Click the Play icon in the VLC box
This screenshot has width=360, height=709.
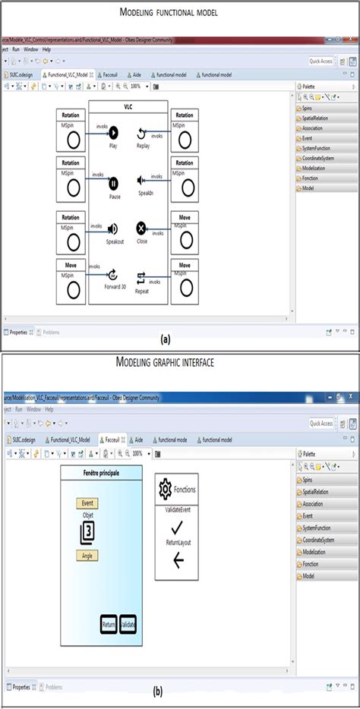(x=114, y=132)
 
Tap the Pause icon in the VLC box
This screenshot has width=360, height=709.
(x=114, y=183)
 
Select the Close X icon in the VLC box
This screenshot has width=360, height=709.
(x=141, y=228)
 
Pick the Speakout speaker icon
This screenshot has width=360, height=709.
(x=114, y=228)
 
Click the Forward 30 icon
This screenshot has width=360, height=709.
(x=114, y=276)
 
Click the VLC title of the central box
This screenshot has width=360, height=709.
(x=128, y=107)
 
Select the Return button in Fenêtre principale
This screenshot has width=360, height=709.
(x=109, y=624)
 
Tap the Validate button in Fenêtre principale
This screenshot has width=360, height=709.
(x=128, y=624)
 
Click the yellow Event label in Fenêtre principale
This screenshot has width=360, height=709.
(x=87, y=503)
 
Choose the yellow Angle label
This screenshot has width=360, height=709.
(x=87, y=555)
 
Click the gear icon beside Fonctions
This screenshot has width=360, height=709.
(x=165, y=490)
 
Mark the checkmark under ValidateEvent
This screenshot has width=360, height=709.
(x=177, y=528)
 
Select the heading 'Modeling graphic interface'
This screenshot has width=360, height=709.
(x=165, y=362)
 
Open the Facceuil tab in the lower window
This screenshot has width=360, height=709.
(x=114, y=440)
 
